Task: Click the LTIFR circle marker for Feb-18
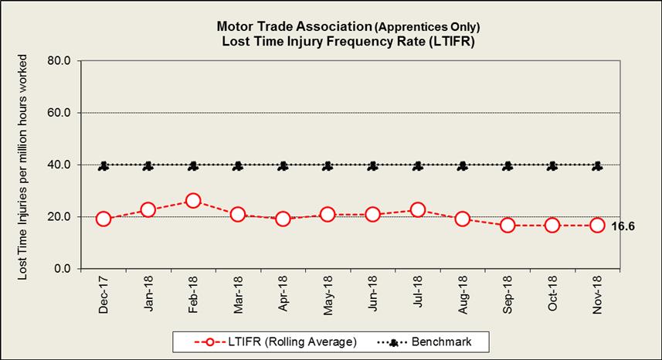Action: [x=193, y=201]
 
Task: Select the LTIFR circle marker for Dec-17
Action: [x=104, y=219]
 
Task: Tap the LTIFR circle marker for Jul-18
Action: [x=418, y=209]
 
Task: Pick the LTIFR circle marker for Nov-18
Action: [x=597, y=226]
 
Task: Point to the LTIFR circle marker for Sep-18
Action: [x=508, y=226]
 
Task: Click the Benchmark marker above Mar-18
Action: [x=238, y=165]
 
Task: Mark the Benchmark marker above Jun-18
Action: [x=373, y=165]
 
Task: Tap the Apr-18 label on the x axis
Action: [x=283, y=296]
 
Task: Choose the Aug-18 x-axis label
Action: [x=463, y=296]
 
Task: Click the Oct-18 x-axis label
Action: [x=552, y=296]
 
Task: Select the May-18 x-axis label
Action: [x=328, y=296]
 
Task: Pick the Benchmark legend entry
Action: [x=433, y=341]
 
